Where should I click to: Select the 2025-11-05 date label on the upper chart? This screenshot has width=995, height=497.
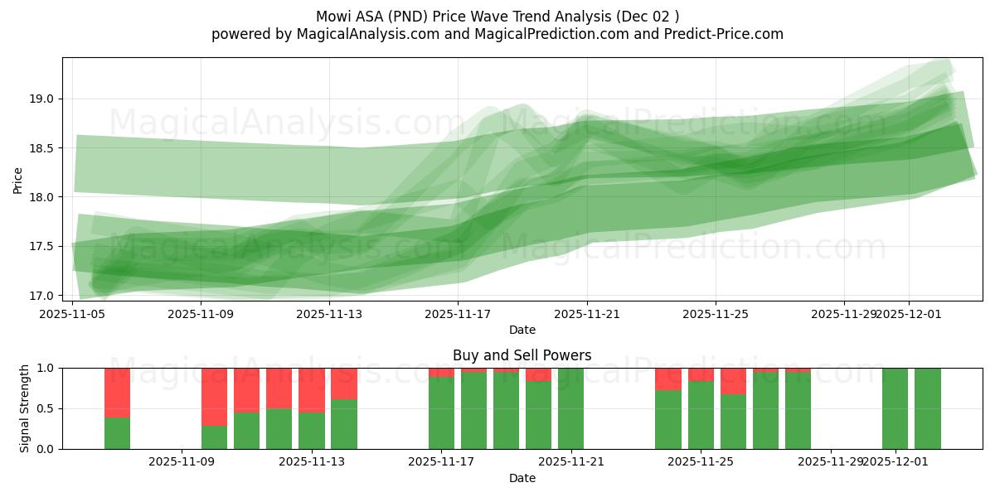[72, 314]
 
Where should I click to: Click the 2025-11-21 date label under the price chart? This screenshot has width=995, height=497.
[587, 314]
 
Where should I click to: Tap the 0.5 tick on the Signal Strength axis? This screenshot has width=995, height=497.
[45, 408]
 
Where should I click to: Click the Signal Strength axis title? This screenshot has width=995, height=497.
[25, 408]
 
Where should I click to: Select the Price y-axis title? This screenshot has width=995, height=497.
[18, 179]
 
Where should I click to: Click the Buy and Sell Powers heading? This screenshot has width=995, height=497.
[522, 355]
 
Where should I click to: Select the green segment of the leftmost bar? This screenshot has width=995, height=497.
[117, 433]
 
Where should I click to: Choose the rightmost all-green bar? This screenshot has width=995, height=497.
[927, 408]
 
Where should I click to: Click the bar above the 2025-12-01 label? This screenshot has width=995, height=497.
[895, 408]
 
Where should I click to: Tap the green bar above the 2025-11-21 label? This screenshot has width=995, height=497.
[570, 408]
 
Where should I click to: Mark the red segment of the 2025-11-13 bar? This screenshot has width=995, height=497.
[312, 390]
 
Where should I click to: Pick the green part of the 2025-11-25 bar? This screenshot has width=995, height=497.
[701, 415]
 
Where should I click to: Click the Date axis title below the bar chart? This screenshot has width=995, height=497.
[522, 478]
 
